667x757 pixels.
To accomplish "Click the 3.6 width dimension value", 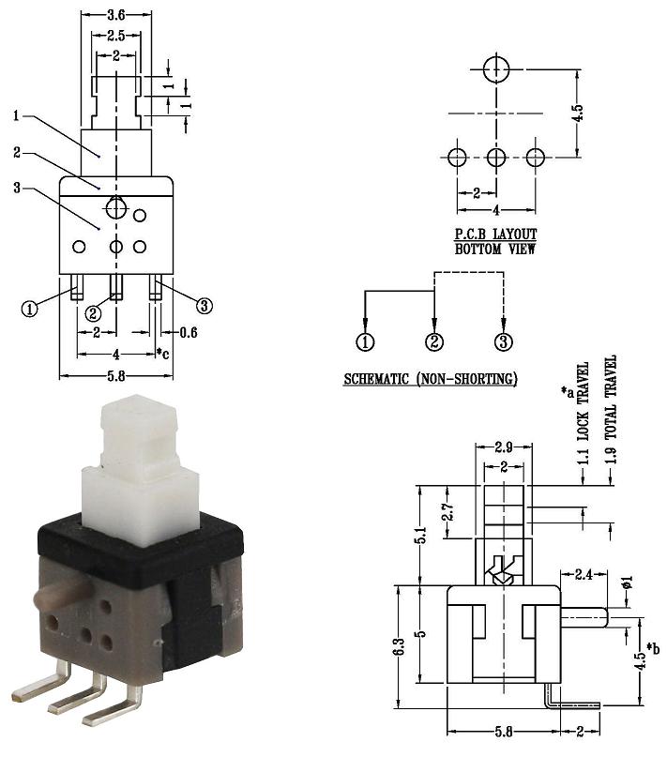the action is [116, 15].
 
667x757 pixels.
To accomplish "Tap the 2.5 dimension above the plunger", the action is [116, 36].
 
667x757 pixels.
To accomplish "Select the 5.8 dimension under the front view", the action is [116, 376].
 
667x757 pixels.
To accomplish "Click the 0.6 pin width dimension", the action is [189, 332].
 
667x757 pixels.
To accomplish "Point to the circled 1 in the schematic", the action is [365, 341].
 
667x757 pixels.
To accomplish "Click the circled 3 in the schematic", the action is [503, 341].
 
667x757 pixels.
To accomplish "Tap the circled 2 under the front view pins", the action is [93, 313].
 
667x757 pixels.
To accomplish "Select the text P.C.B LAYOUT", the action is [495, 235].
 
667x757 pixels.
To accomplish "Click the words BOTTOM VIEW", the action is [495, 250].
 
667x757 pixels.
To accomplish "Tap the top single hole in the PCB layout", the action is [496, 69].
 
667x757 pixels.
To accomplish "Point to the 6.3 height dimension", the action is [399, 647].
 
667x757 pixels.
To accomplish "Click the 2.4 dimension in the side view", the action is [584, 574].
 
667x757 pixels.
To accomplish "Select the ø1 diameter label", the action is [627, 583].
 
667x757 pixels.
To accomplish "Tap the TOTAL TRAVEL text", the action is [612, 397].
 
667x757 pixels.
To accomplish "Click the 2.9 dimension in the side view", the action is [503, 447].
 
